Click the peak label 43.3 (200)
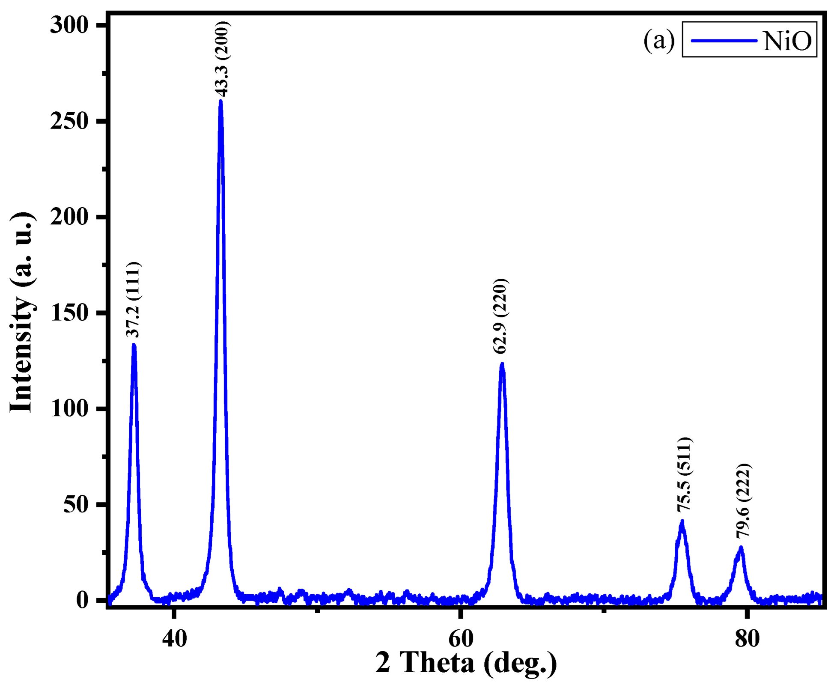(x=222, y=59)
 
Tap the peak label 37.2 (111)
(x=133, y=300)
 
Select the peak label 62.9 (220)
(x=500, y=316)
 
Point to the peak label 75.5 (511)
(x=684, y=474)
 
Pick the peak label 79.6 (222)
(x=743, y=500)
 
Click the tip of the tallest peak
(x=221, y=101)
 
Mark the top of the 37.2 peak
(x=134, y=345)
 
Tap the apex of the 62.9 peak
(x=502, y=364)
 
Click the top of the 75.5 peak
(x=682, y=521)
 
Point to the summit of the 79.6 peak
(x=741, y=548)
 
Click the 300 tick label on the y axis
(x=69, y=25)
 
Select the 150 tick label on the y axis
(x=69, y=313)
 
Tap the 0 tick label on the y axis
(x=82, y=600)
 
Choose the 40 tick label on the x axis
(x=174, y=638)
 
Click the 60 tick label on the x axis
(x=461, y=638)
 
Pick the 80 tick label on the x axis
(x=747, y=638)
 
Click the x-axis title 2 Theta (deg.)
(x=466, y=663)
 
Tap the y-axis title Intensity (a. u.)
(x=21, y=313)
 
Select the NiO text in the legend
(x=787, y=42)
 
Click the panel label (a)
(x=659, y=41)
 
